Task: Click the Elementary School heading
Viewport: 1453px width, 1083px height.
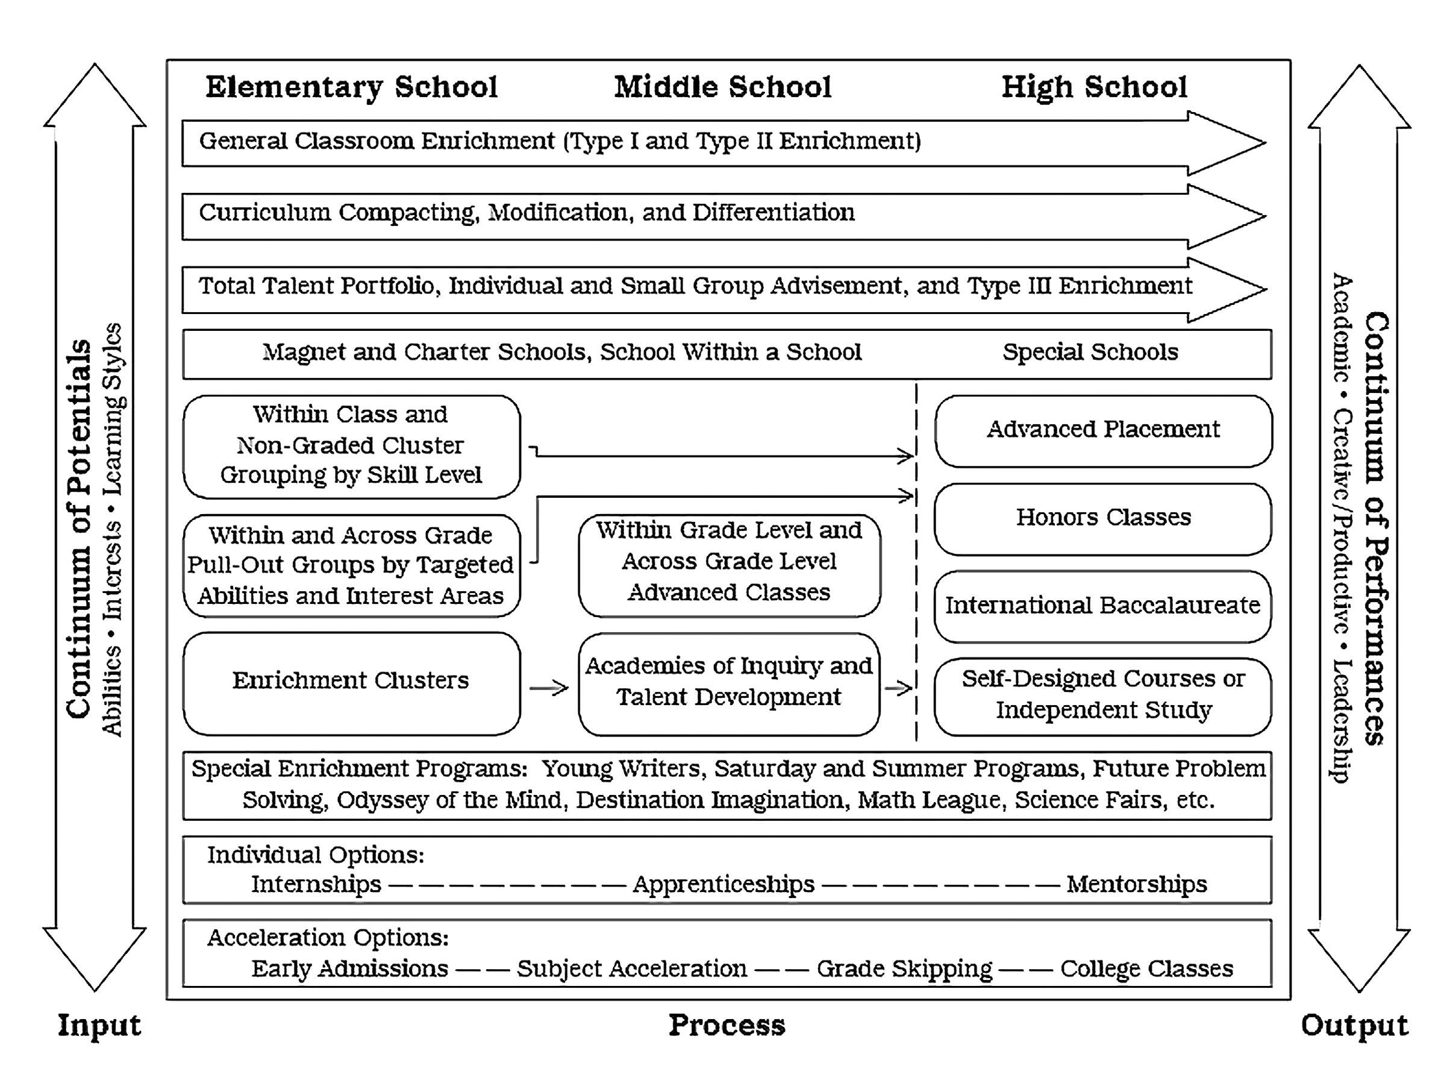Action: coord(351,88)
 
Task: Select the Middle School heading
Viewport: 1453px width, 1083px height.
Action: coord(722,88)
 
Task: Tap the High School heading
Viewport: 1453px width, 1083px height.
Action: coord(1094,88)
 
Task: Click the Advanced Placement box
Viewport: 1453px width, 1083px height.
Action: coord(1103,430)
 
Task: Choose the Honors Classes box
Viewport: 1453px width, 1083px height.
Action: coord(1103,518)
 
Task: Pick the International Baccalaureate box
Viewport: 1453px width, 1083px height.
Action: coord(1102,606)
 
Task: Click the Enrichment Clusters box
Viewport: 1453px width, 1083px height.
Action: coord(351,682)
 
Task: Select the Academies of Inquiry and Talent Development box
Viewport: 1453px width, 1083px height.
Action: coord(728,682)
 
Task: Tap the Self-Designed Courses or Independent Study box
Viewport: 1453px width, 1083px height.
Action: coord(1103,695)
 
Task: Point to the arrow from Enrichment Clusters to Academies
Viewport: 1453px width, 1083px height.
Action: coord(549,688)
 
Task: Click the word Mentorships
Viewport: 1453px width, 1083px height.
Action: coord(1137,885)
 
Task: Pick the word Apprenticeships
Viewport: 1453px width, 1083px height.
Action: coord(723,885)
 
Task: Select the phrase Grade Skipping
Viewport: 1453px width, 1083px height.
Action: coord(904,969)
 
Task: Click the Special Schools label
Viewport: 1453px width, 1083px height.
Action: coord(1090,353)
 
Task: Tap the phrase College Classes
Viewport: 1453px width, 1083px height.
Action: coord(1146,969)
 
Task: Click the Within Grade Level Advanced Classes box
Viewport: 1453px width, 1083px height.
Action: coord(728,562)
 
